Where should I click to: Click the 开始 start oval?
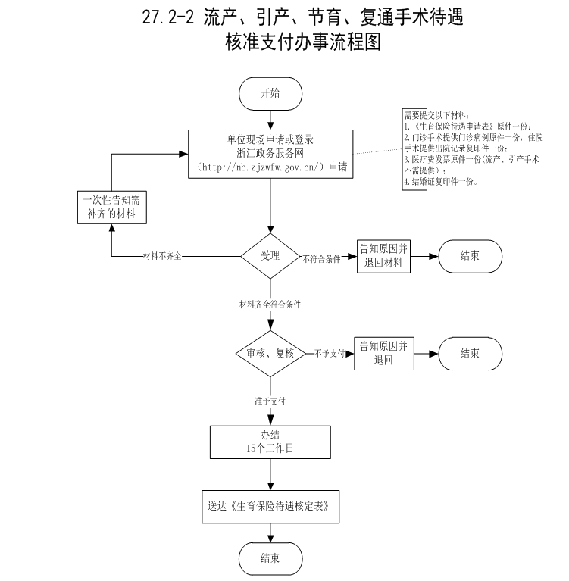pyautogui.click(x=270, y=93)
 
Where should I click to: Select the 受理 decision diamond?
pyautogui.click(x=270, y=255)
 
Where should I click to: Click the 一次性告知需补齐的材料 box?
pyautogui.click(x=111, y=206)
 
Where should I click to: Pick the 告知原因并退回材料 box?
pyautogui.click(x=383, y=256)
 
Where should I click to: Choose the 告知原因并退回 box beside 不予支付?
pyautogui.click(x=383, y=353)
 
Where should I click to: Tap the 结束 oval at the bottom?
pyautogui.click(x=270, y=558)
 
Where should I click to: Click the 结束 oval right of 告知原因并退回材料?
pyautogui.click(x=469, y=256)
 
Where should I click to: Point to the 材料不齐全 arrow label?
pyautogui.click(x=162, y=256)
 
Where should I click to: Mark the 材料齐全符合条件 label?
pyautogui.click(x=270, y=304)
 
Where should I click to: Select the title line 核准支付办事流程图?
pyautogui.click(x=303, y=42)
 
